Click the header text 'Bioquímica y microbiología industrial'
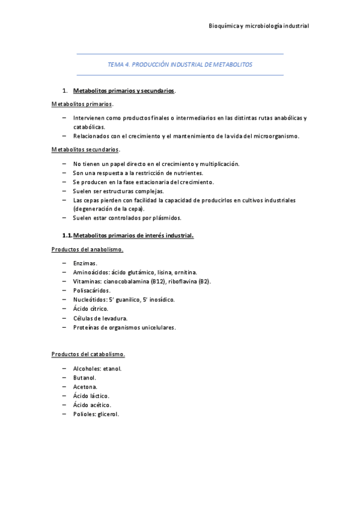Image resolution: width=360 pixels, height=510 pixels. point(258,26)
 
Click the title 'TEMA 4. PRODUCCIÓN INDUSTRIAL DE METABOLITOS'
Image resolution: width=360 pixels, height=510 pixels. point(180,64)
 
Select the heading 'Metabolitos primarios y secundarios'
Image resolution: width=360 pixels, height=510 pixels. point(123,91)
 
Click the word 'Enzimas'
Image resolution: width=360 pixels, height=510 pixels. point(84,263)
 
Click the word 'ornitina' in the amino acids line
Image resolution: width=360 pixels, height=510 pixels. point(184,272)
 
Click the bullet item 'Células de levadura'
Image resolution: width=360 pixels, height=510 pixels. point(100,318)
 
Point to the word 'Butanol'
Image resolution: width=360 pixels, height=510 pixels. point(85,378)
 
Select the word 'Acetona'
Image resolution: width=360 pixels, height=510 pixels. point(85,387)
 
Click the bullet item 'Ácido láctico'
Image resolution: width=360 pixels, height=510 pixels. point(91,396)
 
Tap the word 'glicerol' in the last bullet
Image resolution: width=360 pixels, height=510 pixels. point(108,414)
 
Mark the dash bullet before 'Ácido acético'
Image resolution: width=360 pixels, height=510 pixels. point(64,405)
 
